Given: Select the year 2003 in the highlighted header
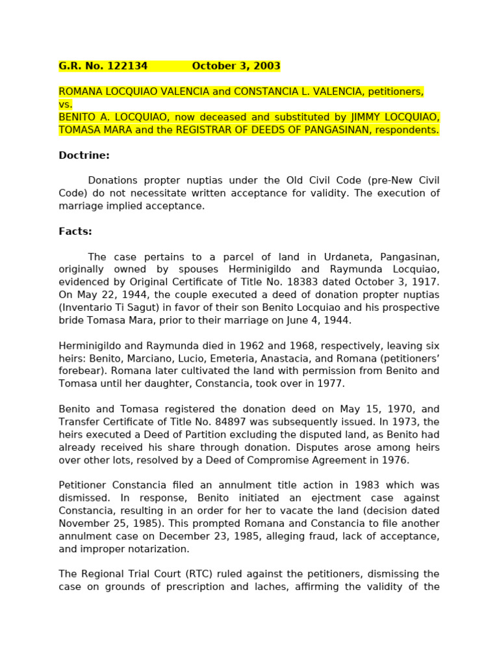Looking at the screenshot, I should (x=267, y=66).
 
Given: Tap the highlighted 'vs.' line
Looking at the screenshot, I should (x=66, y=104).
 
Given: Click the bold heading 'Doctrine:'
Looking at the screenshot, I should (x=84, y=155).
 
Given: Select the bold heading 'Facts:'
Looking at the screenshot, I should (x=75, y=231).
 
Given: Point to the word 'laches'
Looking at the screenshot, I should (x=272, y=587).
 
